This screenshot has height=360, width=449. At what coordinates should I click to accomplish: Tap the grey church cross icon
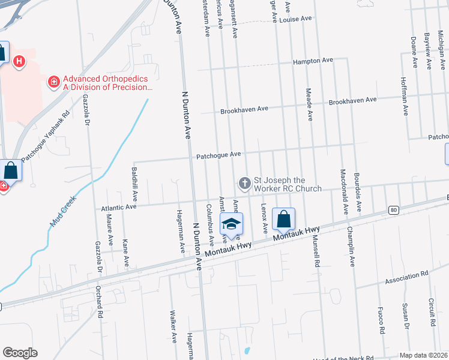tap(244, 182)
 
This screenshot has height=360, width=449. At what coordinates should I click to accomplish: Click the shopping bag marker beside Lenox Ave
tap(284, 220)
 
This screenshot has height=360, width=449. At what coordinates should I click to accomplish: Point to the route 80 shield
tap(393, 210)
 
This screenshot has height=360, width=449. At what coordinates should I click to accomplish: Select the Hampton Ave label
tap(313, 61)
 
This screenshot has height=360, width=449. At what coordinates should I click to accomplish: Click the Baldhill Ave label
tap(134, 184)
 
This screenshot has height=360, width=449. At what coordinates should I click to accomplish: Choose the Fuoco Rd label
tap(381, 321)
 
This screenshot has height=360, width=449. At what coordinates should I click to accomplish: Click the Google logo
tap(20, 353)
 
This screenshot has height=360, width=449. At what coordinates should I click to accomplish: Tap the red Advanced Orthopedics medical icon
tap(54, 80)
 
